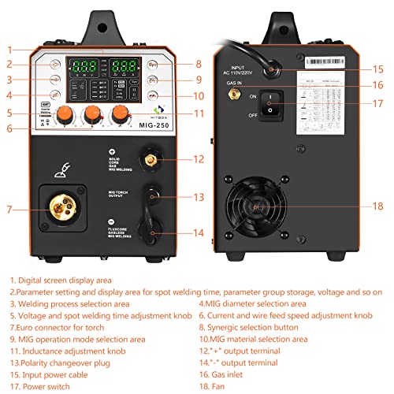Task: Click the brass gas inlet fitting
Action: [233, 93]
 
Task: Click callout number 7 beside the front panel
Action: [9, 210]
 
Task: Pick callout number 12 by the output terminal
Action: [199, 159]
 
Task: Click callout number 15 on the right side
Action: [379, 69]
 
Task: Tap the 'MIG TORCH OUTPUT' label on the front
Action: [120, 194]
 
